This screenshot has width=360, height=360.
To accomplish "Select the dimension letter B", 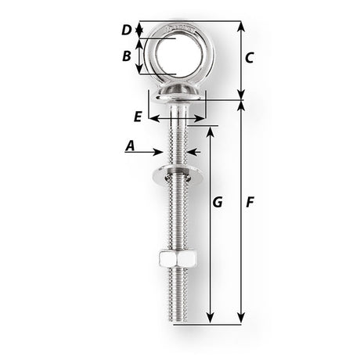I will coord(127,56).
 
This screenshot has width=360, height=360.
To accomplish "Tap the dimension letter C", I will coord(249,57).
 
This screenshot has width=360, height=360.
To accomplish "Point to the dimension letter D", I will coord(127,31).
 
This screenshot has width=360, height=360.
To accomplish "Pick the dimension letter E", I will coord(139,116).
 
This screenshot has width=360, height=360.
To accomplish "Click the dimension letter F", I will coord(249,202).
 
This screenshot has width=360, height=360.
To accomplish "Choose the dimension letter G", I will coord(218,202).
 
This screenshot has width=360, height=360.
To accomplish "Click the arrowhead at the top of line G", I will coord(211,128).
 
